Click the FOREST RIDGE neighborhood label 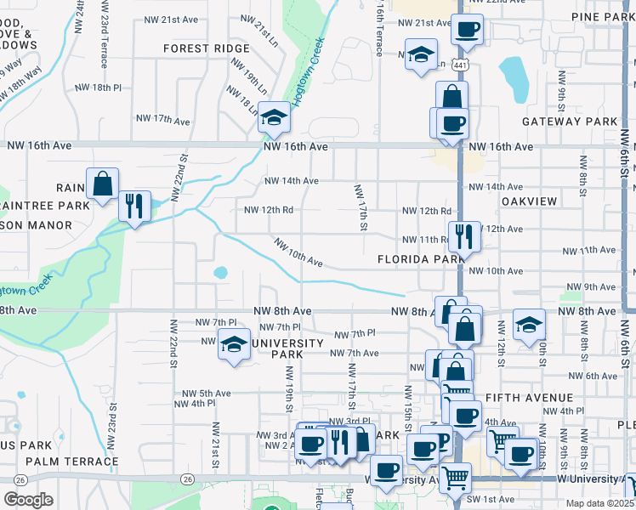pyautogui.click(x=207, y=48)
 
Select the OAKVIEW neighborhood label pyautogui.click(x=529, y=201)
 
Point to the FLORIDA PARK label pyautogui.click(x=412, y=258)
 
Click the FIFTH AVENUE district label pyautogui.click(x=530, y=397)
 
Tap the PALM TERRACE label pyautogui.click(x=72, y=462)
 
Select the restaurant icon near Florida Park pyautogui.click(x=464, y=236)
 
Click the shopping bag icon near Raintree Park pyautogui.click(x=102, y=184)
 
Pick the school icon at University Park pyautogui.click(x=233, y=344)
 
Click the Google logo pyautogui.click(x=28, y=500)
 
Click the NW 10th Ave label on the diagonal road pyautogui.click(x=298, y=252)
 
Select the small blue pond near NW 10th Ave pyautogui.click(x=221, y=273)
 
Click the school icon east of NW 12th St pyautogui.click(x=529, y=324)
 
